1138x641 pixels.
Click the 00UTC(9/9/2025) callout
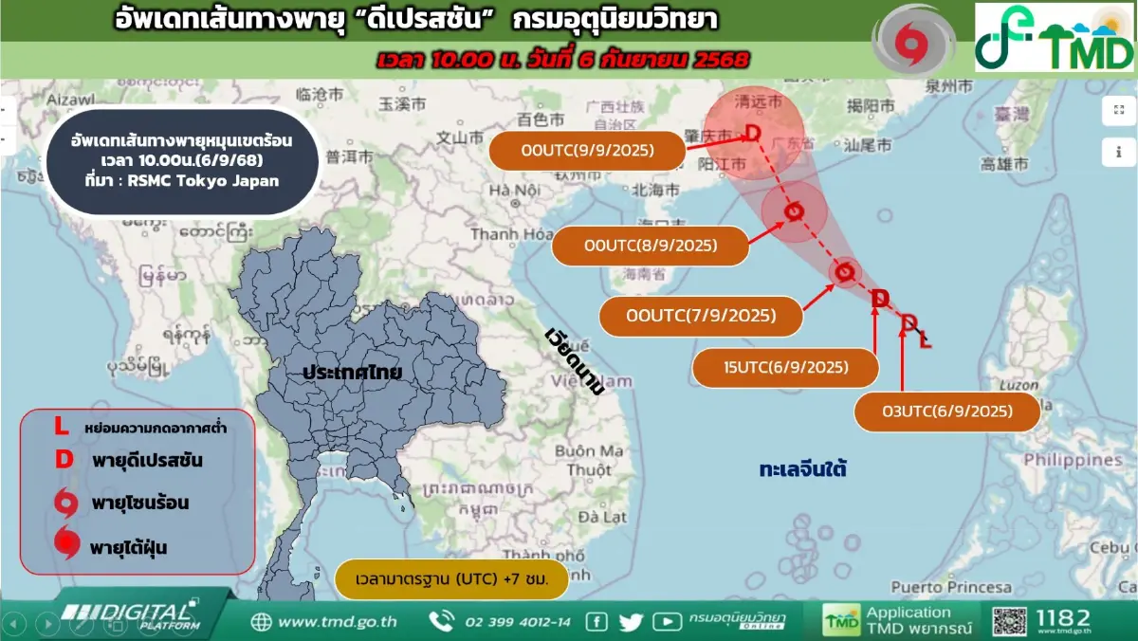587,150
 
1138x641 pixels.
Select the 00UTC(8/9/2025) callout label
651,246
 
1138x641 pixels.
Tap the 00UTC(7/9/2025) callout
702,316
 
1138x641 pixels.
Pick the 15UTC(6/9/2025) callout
785,368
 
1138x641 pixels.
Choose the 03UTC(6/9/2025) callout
947,412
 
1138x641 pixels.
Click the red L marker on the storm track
926,339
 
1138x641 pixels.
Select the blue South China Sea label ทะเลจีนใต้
802,468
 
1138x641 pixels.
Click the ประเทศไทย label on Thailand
352,372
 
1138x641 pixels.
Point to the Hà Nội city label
514,191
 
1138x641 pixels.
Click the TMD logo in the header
1055,38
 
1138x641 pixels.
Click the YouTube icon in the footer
667,622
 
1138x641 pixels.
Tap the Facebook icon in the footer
597,622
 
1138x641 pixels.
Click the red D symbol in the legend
64,460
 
